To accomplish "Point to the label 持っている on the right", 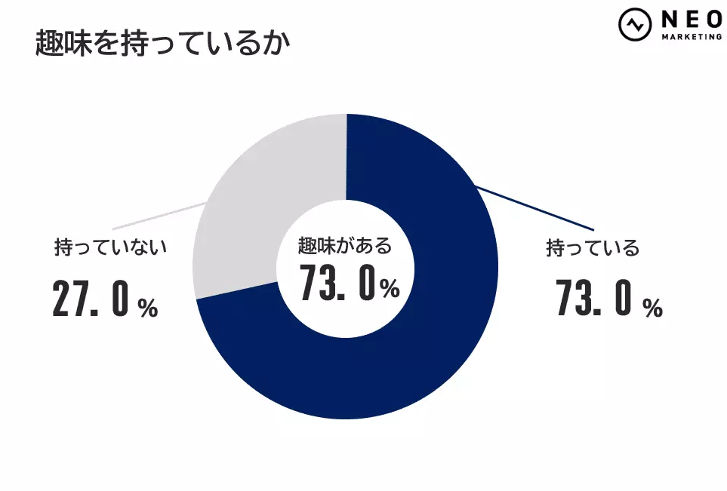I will tap(593, 248).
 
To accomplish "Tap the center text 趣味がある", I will tap(345, 246).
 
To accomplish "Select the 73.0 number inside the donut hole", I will tap(337, 284).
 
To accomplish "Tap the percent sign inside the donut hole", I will tap(390, 289).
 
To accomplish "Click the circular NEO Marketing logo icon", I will tap(635, 24).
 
